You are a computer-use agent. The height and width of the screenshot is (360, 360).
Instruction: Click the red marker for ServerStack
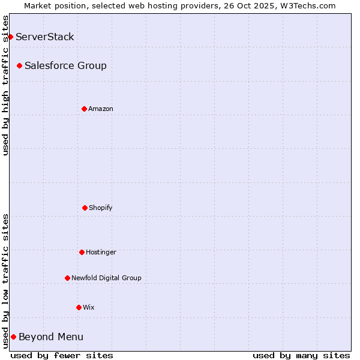point(10,37)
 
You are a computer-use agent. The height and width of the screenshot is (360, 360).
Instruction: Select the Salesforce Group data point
point(20,65)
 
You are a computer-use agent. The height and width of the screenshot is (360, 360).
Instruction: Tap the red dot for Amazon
point(84,109)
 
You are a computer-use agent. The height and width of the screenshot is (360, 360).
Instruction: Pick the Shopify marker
point(85,208)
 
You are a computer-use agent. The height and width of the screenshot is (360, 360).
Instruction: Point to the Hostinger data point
point(82,252)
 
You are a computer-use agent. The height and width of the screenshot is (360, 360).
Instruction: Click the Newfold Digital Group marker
point(67,278)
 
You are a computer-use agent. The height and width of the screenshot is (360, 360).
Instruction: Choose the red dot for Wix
point(79,307)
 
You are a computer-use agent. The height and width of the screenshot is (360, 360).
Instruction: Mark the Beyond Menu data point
point(13,337)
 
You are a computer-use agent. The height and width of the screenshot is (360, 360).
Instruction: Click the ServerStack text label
point(45,37)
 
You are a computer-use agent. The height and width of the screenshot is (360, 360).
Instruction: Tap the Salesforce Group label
point(65,65)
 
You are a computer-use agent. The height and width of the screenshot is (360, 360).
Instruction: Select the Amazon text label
point(101,109)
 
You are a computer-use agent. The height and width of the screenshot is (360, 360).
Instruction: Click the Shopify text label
point(101,208)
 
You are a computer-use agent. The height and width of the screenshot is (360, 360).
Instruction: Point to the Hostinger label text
point(101,252)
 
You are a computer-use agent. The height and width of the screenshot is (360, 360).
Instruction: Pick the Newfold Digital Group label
point(106,278)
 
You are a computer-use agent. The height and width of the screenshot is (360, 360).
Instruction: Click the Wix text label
point(89,307)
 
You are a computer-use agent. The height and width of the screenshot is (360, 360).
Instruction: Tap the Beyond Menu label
point(51,337)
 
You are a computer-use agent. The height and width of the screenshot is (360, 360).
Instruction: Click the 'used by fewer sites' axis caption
point(62,355)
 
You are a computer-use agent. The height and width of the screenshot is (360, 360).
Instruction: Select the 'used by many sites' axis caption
point(301,355)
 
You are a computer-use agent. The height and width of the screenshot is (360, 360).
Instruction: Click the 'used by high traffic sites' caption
point(5,85)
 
